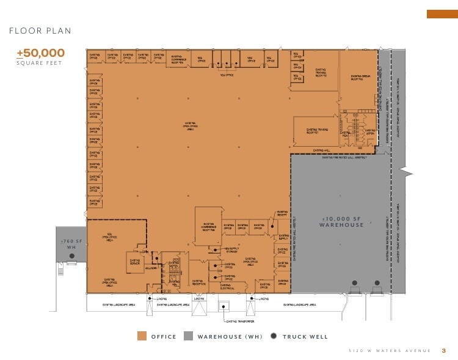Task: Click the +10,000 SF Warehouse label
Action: tap(341, 222)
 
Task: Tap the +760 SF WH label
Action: tap(71, 244)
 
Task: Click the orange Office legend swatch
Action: tap(142, 336)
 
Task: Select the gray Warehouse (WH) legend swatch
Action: tap(188, 336)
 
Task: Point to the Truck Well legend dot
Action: tap(274, 336)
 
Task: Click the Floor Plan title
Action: tap(40, 31)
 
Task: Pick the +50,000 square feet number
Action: tap(40, 53)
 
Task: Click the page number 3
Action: tap(444, 350)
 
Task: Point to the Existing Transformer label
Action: tap(239, 321)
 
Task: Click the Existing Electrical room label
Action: tap(227, 286)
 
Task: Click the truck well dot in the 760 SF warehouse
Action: tap(68, 264)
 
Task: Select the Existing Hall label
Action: tap(322, 150)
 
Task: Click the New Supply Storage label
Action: tap(233, 249)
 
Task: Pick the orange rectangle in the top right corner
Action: tap(442, 14)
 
